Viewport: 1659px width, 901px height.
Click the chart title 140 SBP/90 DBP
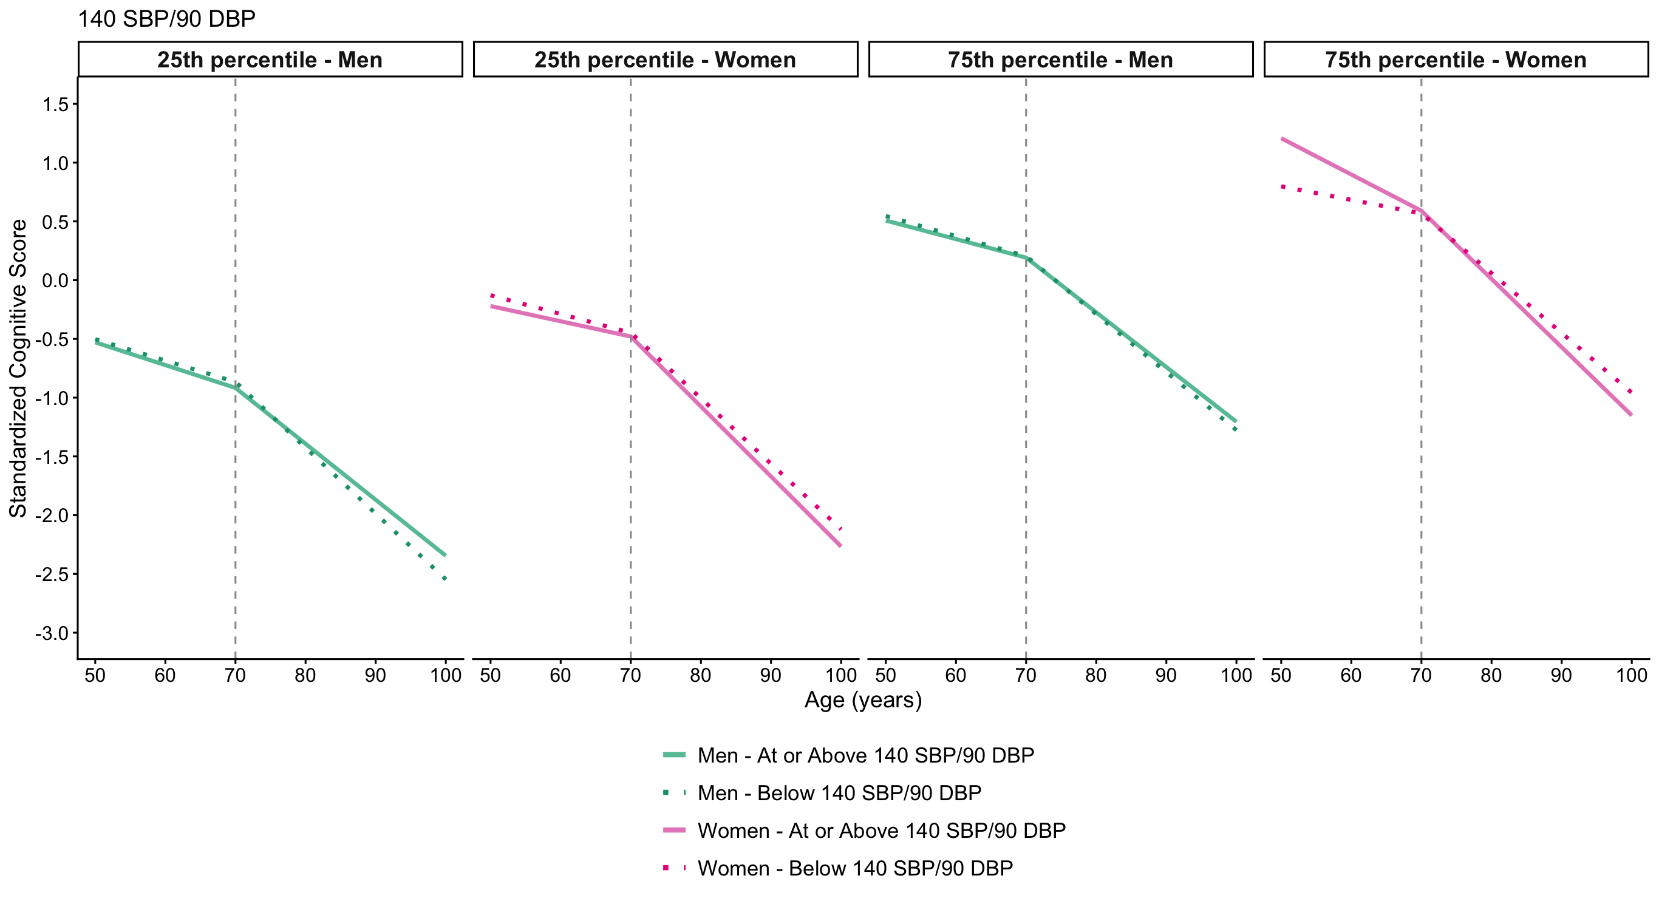point(166,19)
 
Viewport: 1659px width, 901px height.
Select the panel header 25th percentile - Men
point(270,60)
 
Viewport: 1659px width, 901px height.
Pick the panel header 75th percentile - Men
point(1060,60)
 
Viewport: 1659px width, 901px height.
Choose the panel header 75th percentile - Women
point(1456,60)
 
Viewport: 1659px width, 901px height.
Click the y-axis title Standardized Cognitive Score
point(18,368)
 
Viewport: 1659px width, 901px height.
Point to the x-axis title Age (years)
point(863,700)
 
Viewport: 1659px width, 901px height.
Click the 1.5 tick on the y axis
point(55,104)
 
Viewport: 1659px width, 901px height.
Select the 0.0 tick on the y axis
point(55,280)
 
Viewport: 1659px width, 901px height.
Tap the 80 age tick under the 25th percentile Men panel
point(305,676)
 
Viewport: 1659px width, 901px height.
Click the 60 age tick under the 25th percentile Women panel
point(560,676)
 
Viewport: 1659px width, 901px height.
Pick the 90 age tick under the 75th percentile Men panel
point(1166,676)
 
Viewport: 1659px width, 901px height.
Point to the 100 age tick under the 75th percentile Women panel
point(1631,676)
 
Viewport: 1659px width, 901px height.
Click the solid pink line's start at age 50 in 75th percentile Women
point(1283,138)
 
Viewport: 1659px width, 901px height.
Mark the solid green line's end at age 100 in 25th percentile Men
point(445,555)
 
